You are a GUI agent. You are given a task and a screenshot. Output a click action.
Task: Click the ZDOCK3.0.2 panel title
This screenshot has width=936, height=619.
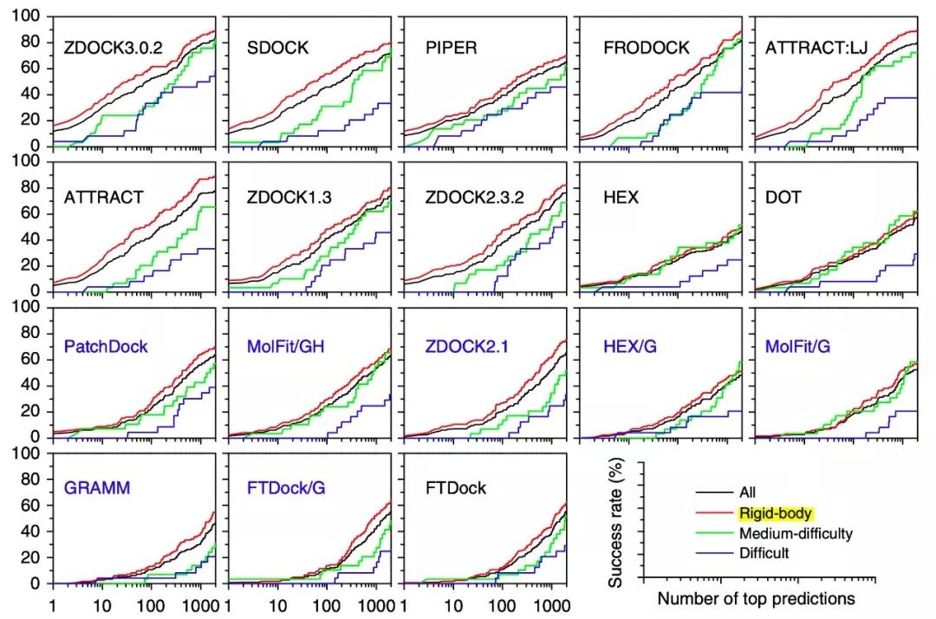click(x=114, y=47)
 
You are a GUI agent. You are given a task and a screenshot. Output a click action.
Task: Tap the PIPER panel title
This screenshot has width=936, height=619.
click(x=451, y=47)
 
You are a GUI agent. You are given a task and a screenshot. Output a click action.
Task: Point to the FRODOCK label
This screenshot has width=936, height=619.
click(x=646, y=47)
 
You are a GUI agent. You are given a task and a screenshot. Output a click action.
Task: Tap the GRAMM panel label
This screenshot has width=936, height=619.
click(x=97, y=488)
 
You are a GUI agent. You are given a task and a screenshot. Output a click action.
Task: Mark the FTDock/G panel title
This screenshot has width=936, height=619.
click(x=280, y=488)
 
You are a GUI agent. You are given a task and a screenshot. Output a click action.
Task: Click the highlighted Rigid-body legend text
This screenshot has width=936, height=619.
click(x=770, y=512)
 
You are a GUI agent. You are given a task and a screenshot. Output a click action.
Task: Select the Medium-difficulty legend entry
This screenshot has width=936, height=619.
click(x=795, y=533)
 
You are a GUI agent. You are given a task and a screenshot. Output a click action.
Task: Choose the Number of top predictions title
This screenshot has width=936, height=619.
click(x=756, y=598)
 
